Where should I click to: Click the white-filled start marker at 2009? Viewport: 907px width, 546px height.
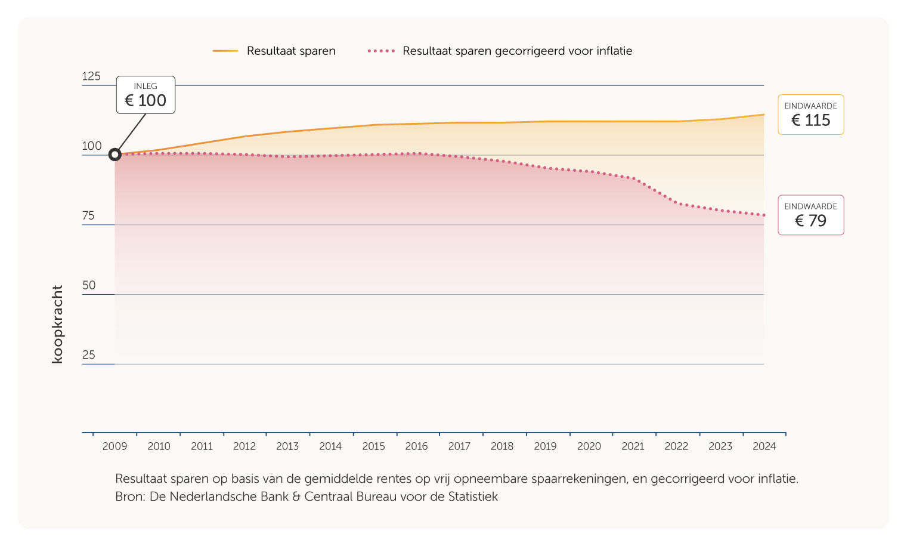point(115,155)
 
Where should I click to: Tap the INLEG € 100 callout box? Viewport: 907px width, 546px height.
point(146,95)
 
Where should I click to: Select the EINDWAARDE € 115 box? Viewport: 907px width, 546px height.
point(810,115)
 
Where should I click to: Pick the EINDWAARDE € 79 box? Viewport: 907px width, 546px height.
point(810,215)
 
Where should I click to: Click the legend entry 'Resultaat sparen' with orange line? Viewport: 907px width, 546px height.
point(274,51)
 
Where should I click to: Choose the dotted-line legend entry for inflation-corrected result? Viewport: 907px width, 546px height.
point(500,51)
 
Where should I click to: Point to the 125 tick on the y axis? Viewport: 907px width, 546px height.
point(91,76)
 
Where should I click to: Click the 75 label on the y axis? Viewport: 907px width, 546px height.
point(88,216)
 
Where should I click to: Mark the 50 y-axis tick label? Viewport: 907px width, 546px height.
point(89,285)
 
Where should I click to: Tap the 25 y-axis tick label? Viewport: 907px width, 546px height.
point(89,355)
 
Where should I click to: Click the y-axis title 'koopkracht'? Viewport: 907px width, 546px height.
point(57,324)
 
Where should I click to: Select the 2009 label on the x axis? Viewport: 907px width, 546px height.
point(114,446)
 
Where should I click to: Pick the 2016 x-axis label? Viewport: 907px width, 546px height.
point(416,446)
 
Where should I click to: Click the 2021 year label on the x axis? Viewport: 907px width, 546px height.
point(633,446)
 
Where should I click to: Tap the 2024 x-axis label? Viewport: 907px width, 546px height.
point(764,446)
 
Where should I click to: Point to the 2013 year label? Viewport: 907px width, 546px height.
point(287,446)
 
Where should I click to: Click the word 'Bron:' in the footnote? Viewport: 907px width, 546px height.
point(129,496)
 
